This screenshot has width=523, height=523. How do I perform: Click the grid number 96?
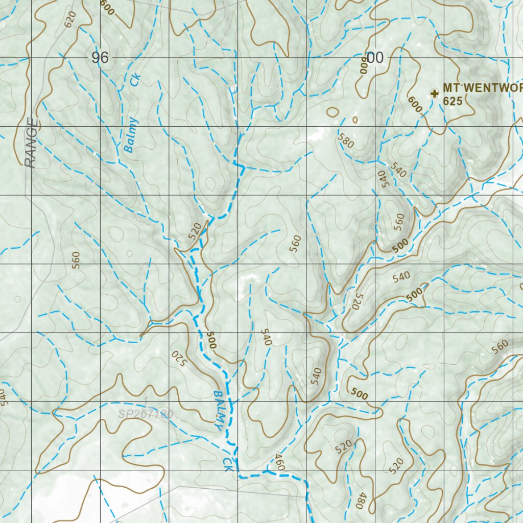[x=100, y=58]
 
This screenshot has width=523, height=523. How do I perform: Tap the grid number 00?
[x=375, y=58]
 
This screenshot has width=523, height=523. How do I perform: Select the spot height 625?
[x=453, y=102]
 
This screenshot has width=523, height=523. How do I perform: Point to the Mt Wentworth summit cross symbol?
[x=435, y=93]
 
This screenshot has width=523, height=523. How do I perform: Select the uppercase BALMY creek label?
[x=219, y=409]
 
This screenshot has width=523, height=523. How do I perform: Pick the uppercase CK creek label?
[x=227, y=464]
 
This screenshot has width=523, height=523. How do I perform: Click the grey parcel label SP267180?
[x=146, y=414]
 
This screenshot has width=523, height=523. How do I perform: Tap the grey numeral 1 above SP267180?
[x=146, y=400]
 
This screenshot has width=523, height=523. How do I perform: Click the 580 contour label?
[x=346, y=140]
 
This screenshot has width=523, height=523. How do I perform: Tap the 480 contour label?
[x=362, y=500]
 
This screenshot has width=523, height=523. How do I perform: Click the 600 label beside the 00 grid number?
[x=363, y=65]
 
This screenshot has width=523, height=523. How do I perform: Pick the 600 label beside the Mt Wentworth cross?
[x=415, y=105]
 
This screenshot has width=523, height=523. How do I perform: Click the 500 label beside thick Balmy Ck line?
[x=211, y=340]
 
